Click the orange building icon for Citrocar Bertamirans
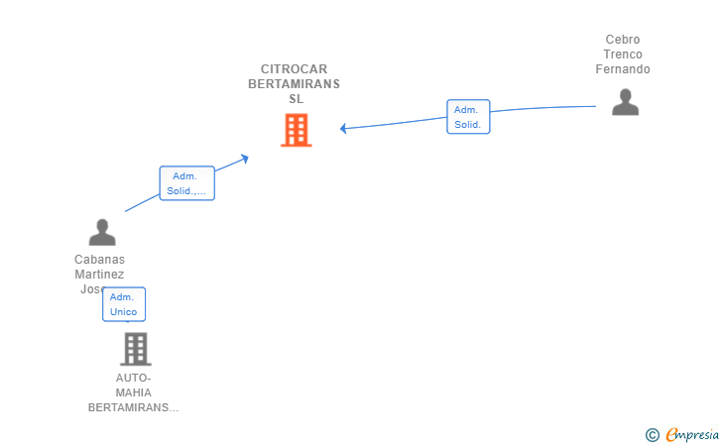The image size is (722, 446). [x=296, y=130]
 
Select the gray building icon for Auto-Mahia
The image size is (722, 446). [x=135, y=349]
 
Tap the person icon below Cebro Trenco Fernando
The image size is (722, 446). [x=625, y=102]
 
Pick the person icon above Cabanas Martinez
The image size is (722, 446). [x=102, y=232]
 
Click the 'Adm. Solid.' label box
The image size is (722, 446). [x=467, y=117]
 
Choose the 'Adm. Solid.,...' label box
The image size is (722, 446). [x=186, y=183]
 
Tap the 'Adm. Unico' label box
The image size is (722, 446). [x=124, y=304]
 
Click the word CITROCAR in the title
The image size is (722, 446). [x=295, y=69]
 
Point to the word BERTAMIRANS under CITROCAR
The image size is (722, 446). [x=294, y=84]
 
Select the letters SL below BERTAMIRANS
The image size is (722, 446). [x=296, y=99]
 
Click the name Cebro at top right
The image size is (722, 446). [x=623, y=40]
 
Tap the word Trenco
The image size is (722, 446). [x=623, y=55]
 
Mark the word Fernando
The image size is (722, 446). [x=623, y=69]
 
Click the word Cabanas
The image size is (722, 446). [x=99, y=260]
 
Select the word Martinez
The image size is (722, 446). [x=99, y=275]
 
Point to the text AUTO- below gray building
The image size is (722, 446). [x=134, y=378]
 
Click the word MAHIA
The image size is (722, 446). [x=134, y=392]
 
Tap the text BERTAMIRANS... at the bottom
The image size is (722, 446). [x=134, y=407]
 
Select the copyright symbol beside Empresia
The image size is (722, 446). [x=652, y=434]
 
